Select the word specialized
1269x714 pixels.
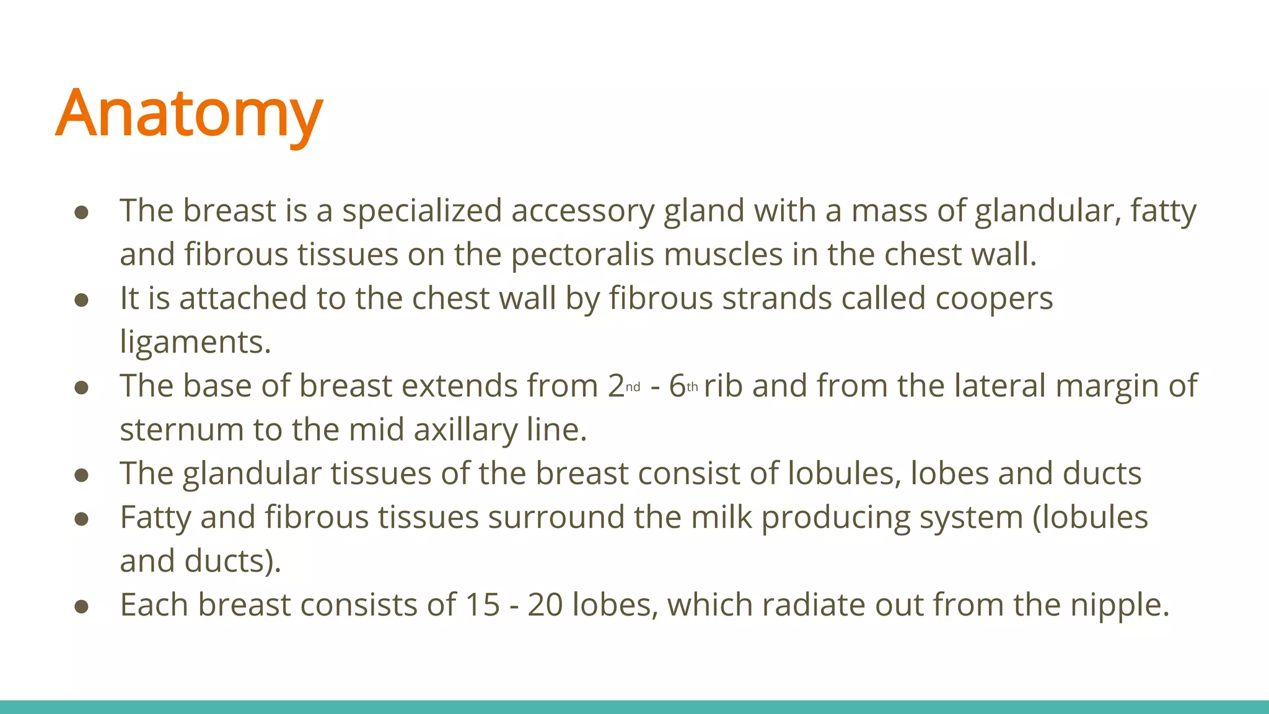click(422, 211)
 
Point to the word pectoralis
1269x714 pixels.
click(582, 255)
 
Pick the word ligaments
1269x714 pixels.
click(195, 343)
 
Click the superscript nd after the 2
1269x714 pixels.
click(633, 387)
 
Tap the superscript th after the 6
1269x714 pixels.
click(692, 387)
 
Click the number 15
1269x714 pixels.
click(482, 605)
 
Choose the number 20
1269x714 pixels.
click(545, 605)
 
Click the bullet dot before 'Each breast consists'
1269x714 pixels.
click(81, 607)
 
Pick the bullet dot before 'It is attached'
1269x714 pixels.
click(81, 301)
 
